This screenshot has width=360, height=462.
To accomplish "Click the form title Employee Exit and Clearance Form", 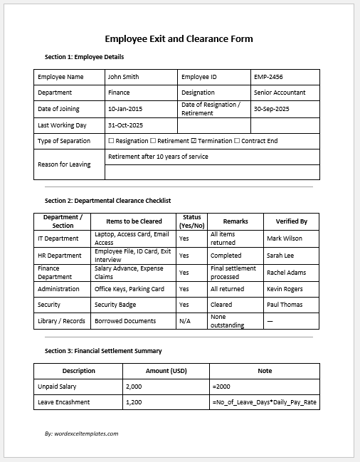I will (179, 38).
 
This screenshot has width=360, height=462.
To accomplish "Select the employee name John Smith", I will (123, 76).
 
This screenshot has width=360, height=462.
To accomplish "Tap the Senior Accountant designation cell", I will (280, 93).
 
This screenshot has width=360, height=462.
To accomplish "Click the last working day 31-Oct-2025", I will (126, 125).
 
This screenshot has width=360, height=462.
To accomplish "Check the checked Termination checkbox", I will (194, 141).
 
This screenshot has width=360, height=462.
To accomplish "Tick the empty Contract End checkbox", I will (237, 141).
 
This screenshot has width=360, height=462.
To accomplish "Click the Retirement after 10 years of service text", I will (158, 156).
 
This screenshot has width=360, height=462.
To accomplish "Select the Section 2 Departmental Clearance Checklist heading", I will (107, 201).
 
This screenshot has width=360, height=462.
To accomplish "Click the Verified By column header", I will (291, 221).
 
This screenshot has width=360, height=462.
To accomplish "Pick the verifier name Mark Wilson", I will (285, 238).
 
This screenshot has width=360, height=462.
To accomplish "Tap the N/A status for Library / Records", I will (184, 321).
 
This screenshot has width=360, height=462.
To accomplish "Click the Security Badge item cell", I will (115, 305).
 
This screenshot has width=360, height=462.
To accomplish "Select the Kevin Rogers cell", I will (285, 289).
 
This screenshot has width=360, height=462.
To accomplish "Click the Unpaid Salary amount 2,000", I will (134, 387).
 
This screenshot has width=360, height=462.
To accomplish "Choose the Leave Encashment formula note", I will (264, 403).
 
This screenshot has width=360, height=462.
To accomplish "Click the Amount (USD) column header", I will (167, 370).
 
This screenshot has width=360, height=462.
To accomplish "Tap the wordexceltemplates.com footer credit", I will (81, 433).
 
